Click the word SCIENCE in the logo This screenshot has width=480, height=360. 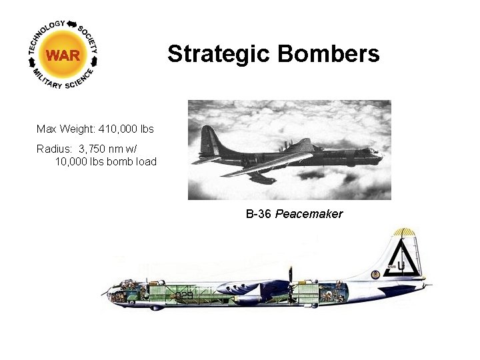click(79, 82)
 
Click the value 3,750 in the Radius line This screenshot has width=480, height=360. click(95, 149)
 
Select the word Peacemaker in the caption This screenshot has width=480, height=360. click(309, 214)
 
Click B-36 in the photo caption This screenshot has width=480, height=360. click(259, 214)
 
